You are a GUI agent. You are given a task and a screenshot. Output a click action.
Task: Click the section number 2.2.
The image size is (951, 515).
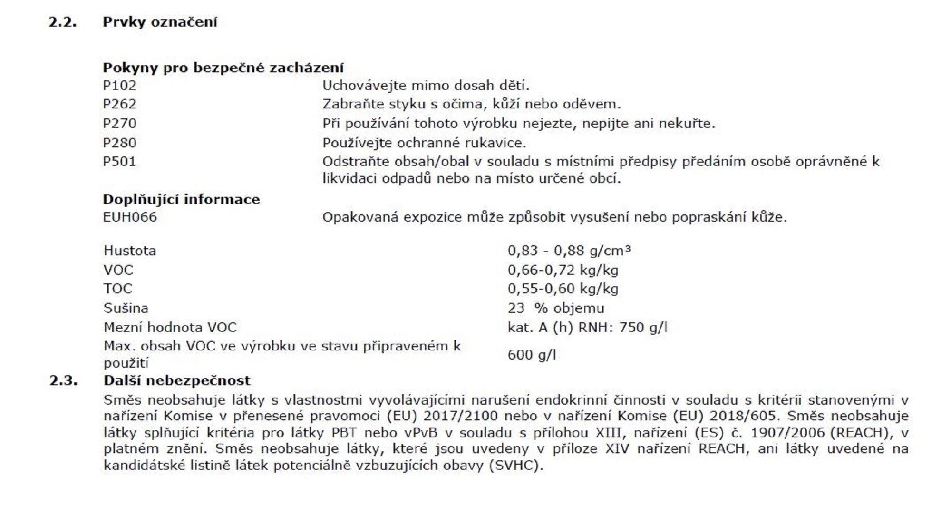(x=62, y=22)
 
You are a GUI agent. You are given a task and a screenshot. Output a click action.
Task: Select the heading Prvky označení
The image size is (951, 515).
(x=160, y=22)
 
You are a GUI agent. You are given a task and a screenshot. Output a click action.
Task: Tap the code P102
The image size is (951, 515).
(x=119, y=86)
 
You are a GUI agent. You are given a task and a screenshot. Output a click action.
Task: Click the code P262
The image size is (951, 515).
(x=119, y=104)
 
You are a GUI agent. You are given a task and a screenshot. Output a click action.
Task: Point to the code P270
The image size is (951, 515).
(x=119, y=124)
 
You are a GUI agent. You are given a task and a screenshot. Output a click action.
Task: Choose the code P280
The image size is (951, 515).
(x=119, y=143)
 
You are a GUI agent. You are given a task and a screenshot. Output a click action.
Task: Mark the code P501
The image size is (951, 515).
(x=119, y=162)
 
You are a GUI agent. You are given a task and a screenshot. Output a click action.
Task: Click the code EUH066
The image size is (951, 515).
(x=130, y=217)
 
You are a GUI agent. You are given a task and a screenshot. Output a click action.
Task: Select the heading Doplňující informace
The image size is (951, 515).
(x=181, y=199)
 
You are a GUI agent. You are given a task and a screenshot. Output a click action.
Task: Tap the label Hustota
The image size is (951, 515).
(x=129, y=251)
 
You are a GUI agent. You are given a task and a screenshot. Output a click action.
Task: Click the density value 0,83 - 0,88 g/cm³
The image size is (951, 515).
(x=569, y=251)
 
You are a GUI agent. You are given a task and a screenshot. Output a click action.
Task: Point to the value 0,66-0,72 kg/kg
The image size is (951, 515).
(x=563, y=270)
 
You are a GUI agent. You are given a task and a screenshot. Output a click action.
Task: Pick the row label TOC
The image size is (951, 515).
(x=118, y=289)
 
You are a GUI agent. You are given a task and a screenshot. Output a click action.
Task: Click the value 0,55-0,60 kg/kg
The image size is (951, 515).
(x=563, y=289)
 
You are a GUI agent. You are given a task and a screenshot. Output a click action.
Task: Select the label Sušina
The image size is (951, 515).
(x=126, y=308)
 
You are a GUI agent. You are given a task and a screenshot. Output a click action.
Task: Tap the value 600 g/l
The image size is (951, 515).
(x=531, y=355)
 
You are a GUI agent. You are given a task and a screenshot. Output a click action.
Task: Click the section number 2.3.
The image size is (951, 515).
(x=63, y=380)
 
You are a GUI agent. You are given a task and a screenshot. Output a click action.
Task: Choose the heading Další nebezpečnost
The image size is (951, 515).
(x=176, y=380)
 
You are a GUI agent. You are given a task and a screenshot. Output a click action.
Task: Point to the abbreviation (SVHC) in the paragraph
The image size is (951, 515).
(x=515, y=465)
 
